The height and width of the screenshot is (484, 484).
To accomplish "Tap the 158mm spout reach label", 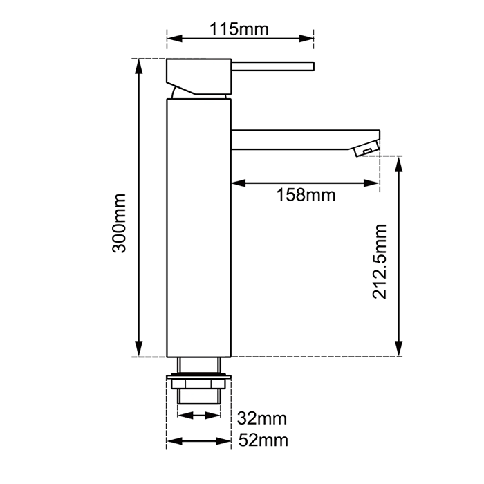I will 305,194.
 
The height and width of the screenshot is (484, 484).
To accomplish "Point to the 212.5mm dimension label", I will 379,261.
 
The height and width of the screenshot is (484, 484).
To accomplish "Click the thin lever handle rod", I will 273,67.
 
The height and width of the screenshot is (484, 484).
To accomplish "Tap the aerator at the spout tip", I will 366,147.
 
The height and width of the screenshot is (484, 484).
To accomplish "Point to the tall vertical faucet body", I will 198,228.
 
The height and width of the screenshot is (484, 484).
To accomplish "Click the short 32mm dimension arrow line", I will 198,416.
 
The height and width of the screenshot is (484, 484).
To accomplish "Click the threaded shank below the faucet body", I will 198,394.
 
